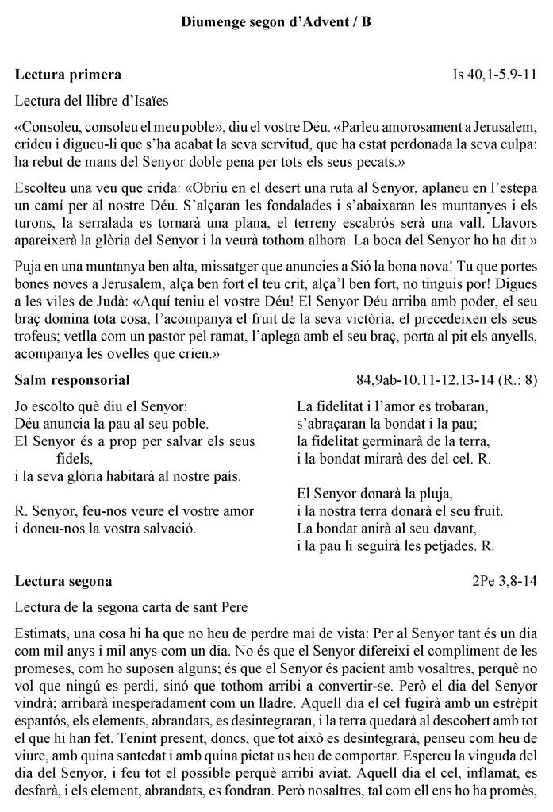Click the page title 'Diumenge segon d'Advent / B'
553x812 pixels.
[276, 23]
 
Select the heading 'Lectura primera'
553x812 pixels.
[68, 75]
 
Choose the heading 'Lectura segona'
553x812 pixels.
[63, 581]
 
